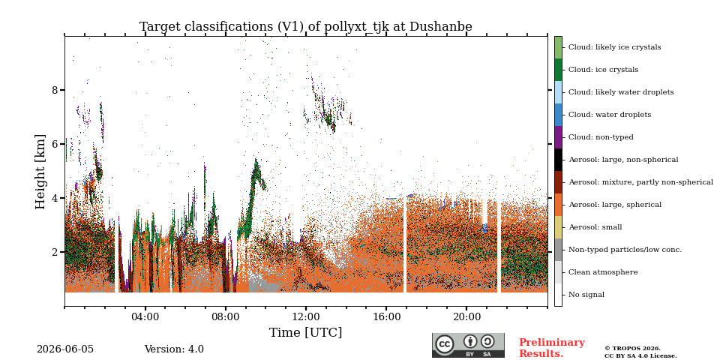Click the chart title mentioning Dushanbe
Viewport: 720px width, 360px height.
pyautogui.click(x=305, y=27)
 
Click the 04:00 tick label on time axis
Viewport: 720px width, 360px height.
pyautogui.click(x=145, y=317)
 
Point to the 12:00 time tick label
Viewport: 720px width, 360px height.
pyautogui.click(x=306, y=317)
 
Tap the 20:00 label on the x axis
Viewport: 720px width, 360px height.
pyautogui.click(x=466, y=317)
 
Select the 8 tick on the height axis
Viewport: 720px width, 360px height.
pyautogui.click(x=55, y=90)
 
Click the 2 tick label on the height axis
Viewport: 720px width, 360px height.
pyautogui.click(x=55, y=252)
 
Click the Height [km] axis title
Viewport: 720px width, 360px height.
pyautogui.click(x=40, y=171)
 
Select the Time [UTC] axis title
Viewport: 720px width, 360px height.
pyautogui.click(x=305, y=332)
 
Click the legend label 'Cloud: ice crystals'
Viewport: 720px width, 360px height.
pyautogui.click(x=603, y=70)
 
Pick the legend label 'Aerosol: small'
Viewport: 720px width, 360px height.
pyautogui.click(x=595, y=227)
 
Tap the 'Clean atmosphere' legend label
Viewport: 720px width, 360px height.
pyautogui.click(x=603, y=272)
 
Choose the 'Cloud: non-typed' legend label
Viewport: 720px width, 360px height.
pyautogui.click(x=601, y=137)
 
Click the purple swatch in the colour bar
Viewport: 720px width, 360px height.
pyautogui.click(x=558, y=137)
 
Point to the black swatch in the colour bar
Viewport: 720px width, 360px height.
pyautogui.click(x=558, y=160)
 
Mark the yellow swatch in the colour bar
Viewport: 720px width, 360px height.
pyautogui.click(x=558, y=227)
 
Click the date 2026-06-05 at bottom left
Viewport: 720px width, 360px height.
pyautogui.click(x=65, y=349)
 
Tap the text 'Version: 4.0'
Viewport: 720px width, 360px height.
pyautogui.click(x=174, y=349)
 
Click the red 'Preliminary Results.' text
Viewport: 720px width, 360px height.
pyautogui.click(x=552, y=348)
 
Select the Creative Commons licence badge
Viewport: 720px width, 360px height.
pyautogui.click(x=468, y=345)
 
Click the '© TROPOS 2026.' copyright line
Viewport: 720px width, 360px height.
pyautogui.click(x=632, y=349)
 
